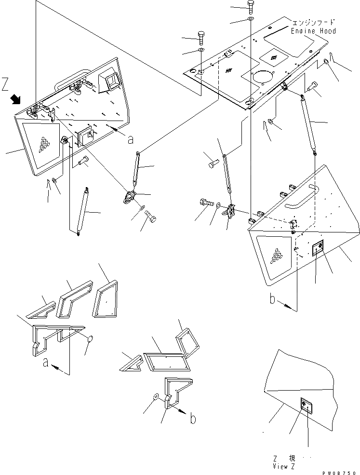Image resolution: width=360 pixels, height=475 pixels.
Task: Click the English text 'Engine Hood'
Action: [x=313, y=31]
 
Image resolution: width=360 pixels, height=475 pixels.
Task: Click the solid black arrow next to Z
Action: [x=16, y=99]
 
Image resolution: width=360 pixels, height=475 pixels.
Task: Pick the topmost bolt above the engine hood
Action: [x=250, y=6]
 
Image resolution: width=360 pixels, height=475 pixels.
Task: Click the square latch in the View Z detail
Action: [x=306, y=405]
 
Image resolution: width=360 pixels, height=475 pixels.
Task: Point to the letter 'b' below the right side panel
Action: [x=273, y=301]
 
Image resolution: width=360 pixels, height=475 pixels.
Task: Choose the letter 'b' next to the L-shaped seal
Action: [x=192, y=419]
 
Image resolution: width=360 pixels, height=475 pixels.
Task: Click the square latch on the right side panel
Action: [x=318, y=249]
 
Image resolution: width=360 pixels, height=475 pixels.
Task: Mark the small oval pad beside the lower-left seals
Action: [x=89, y=340]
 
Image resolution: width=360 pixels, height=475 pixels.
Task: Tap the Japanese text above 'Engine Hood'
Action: [x=314, y=22]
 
